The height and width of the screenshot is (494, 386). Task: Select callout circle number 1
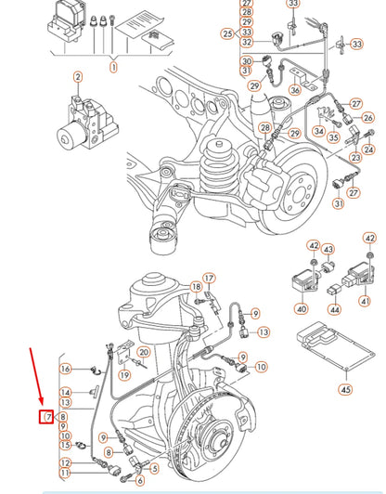pos(113,67)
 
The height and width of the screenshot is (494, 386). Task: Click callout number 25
pos(227,33)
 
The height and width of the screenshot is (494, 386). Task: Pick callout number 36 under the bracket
pos(295,90)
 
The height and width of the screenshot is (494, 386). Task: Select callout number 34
pos(318,132)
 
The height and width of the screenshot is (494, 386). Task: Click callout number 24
pos(367,149)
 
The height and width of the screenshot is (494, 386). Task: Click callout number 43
pos(328,249)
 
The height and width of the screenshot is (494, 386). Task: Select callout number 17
pos(209,278)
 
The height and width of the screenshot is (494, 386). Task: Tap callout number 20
pos(143,353)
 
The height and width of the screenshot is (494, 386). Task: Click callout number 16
pos(66,369)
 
